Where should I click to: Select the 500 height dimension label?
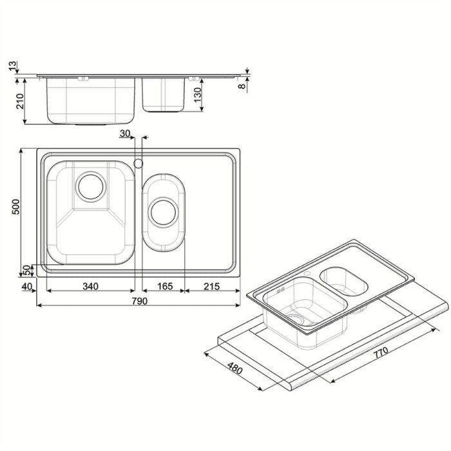(x=18, y=207)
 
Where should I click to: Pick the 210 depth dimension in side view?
(x=19, y=101)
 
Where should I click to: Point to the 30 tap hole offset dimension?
(x=125, y=133)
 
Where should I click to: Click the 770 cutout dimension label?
(x=381, y=352)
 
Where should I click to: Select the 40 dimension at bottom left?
(x=27, y=287)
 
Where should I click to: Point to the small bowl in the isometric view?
(x=343, y=282)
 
